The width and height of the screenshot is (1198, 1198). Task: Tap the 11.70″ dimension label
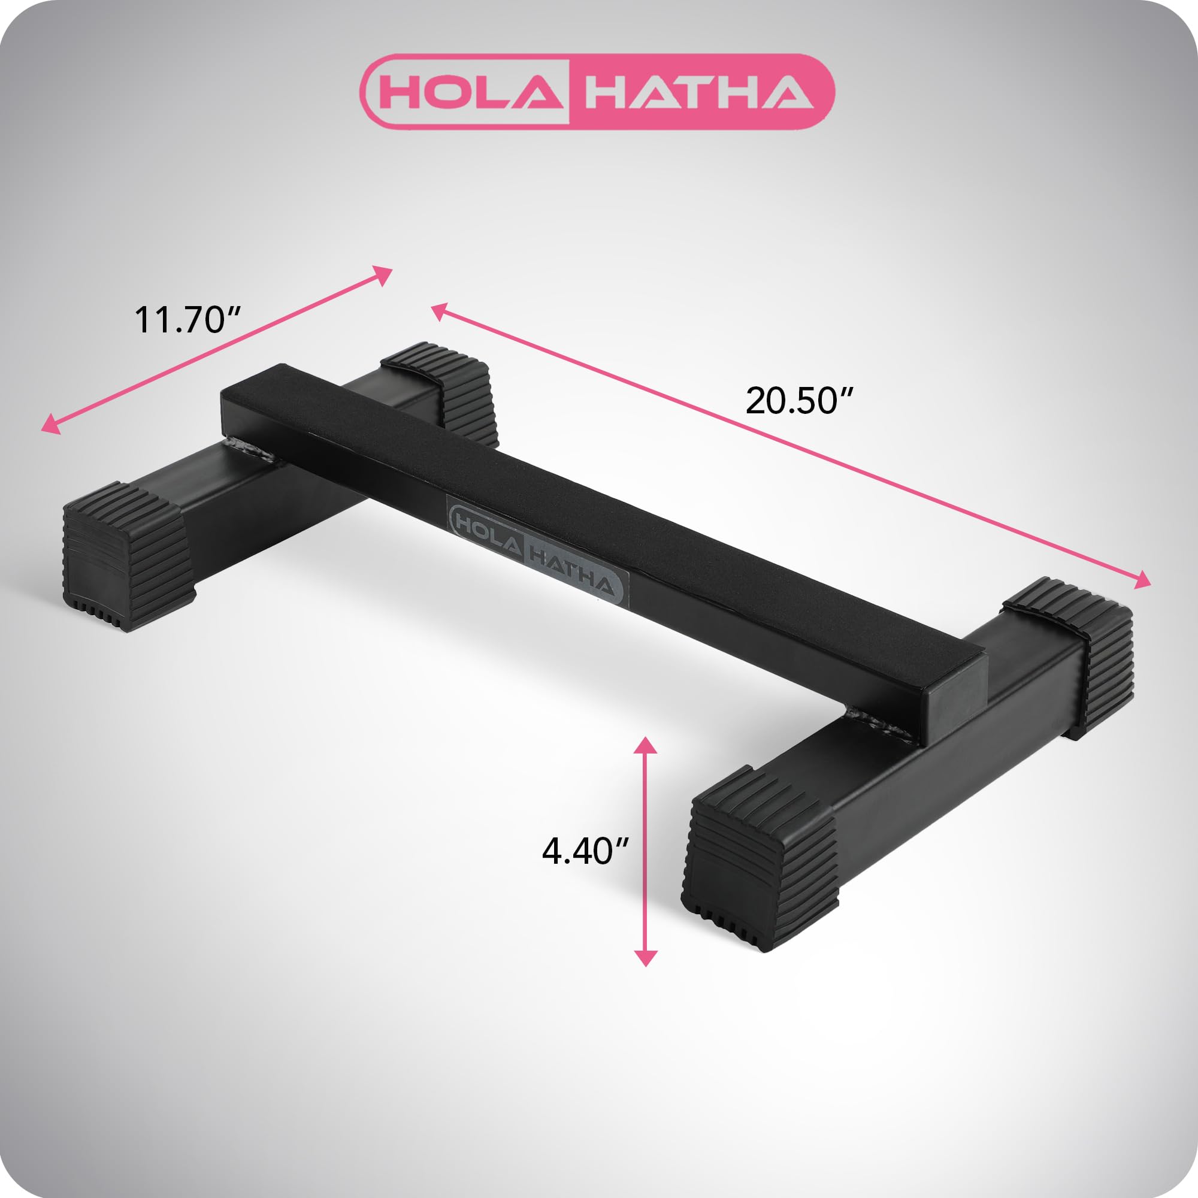coord(187,319)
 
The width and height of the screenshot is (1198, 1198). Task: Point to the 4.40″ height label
coord(585,851)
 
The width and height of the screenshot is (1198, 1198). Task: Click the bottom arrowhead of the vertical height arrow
coord(646,957)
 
